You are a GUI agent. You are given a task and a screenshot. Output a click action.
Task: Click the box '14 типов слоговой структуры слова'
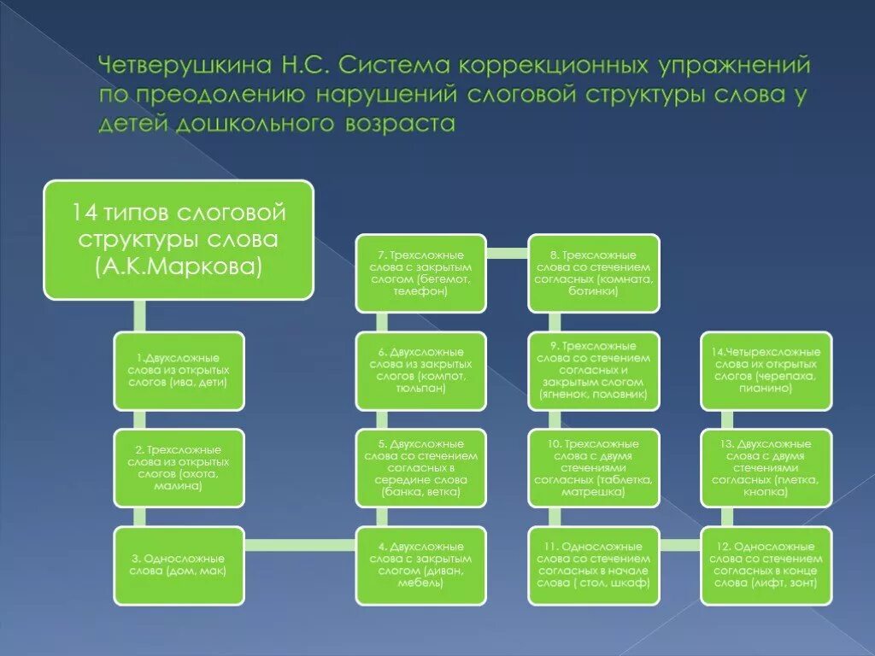[179, 239]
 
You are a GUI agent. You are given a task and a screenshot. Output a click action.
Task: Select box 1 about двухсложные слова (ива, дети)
[179, 371]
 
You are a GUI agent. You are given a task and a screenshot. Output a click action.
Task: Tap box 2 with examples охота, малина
[179, 468]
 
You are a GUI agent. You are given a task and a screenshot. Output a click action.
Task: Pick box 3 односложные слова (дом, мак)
[179, 565]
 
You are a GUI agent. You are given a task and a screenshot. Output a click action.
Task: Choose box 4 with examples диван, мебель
[420, 565]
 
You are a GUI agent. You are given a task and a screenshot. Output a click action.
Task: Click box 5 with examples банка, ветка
[420, 468]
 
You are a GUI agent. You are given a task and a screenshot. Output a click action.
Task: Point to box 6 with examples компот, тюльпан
[420, 371]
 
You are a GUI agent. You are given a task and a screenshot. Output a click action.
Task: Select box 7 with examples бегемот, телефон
[420, 273]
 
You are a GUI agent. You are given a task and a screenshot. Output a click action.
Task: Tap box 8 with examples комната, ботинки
[594, 273]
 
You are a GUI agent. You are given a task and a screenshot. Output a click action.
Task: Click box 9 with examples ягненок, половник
[594, 371]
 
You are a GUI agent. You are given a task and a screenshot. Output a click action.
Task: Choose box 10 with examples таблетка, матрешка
[594, 468]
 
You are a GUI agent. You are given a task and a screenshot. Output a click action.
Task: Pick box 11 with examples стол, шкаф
[594, 565]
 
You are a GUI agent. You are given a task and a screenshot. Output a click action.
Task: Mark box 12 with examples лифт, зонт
[766, 565]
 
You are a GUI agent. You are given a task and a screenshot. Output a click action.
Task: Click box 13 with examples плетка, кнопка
[766, 468]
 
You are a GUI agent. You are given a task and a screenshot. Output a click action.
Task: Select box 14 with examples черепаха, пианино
[766, 371]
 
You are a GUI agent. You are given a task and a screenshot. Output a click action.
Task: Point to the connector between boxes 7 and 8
[507, 253]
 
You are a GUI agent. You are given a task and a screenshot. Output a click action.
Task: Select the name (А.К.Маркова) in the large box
[179, 267]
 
